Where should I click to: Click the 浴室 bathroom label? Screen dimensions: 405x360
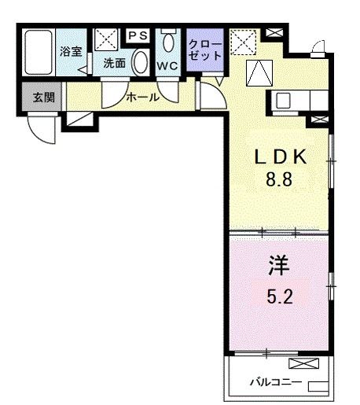click(x=72, y=52)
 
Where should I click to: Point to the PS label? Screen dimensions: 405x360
click(x=138, y=35)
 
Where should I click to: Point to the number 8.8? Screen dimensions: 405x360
click(x=277, y=179)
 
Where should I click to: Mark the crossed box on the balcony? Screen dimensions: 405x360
click(x=305, y=364)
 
